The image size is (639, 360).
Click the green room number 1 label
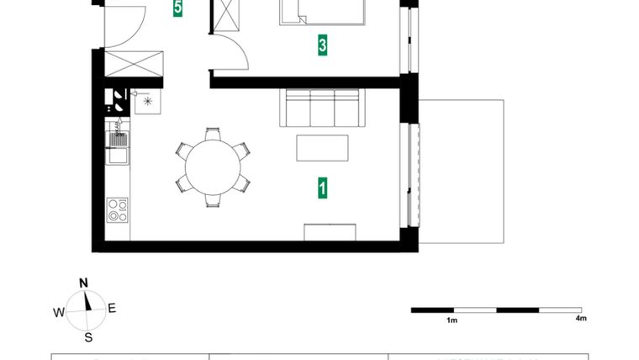(322, 188)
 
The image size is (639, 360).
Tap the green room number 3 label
(322, 45)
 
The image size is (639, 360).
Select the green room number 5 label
(177, 8)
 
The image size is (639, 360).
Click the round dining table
(213, 167)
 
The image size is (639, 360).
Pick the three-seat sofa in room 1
(324, 108)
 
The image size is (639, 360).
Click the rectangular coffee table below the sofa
(323, 147)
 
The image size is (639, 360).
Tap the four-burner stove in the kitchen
(118, 209)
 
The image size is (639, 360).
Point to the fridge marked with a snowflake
(148, 101)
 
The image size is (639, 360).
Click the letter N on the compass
(83, 283)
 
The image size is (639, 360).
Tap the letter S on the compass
(87, 338)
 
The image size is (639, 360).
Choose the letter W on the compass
(59, 312)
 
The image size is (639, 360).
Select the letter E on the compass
(112, 308)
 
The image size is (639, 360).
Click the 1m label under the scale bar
(452, 320)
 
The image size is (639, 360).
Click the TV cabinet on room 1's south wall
(330, 232)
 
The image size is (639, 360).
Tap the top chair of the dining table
(213, 133)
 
